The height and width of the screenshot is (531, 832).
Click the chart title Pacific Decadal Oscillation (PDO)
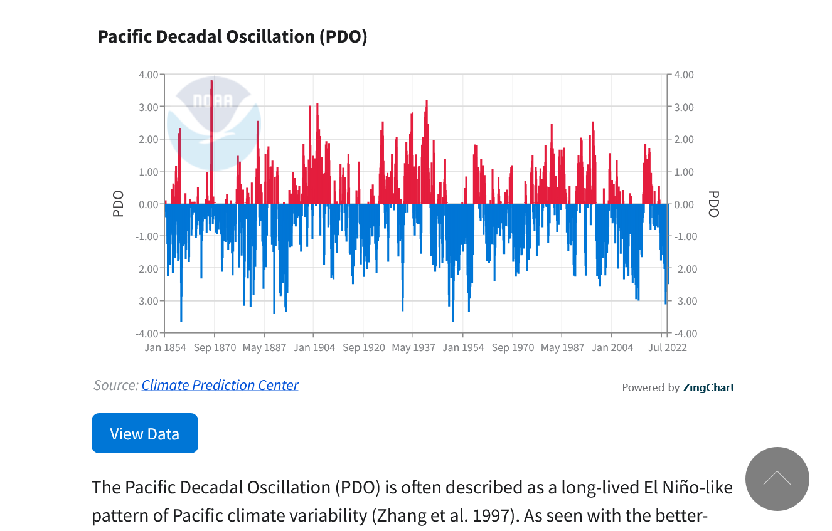coord(232,36)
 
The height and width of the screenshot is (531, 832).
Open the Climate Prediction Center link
coord(220,385)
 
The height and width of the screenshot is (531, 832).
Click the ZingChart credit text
coord(708,387)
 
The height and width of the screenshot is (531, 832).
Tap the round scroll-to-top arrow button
coord(777,479)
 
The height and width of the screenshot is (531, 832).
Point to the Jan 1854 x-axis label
coord(165,347)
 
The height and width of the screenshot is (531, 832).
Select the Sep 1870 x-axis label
coord(215,347)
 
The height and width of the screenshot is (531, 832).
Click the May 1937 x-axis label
coord(413,347)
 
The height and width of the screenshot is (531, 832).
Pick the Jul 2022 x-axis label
coord(666,347)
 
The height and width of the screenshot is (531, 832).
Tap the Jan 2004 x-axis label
coord(612,347)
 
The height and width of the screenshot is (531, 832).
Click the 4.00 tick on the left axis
coord(149,75)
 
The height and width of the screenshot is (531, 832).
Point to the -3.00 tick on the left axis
coord(147,301)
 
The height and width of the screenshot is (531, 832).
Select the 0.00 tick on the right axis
coord(684,204)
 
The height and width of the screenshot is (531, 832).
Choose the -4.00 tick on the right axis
coord(683,334)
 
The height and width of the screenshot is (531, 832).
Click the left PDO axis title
coord(118,204)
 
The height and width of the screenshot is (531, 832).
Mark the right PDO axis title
coord(713,204)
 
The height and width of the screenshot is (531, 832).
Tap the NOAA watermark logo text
coord(213,101)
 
